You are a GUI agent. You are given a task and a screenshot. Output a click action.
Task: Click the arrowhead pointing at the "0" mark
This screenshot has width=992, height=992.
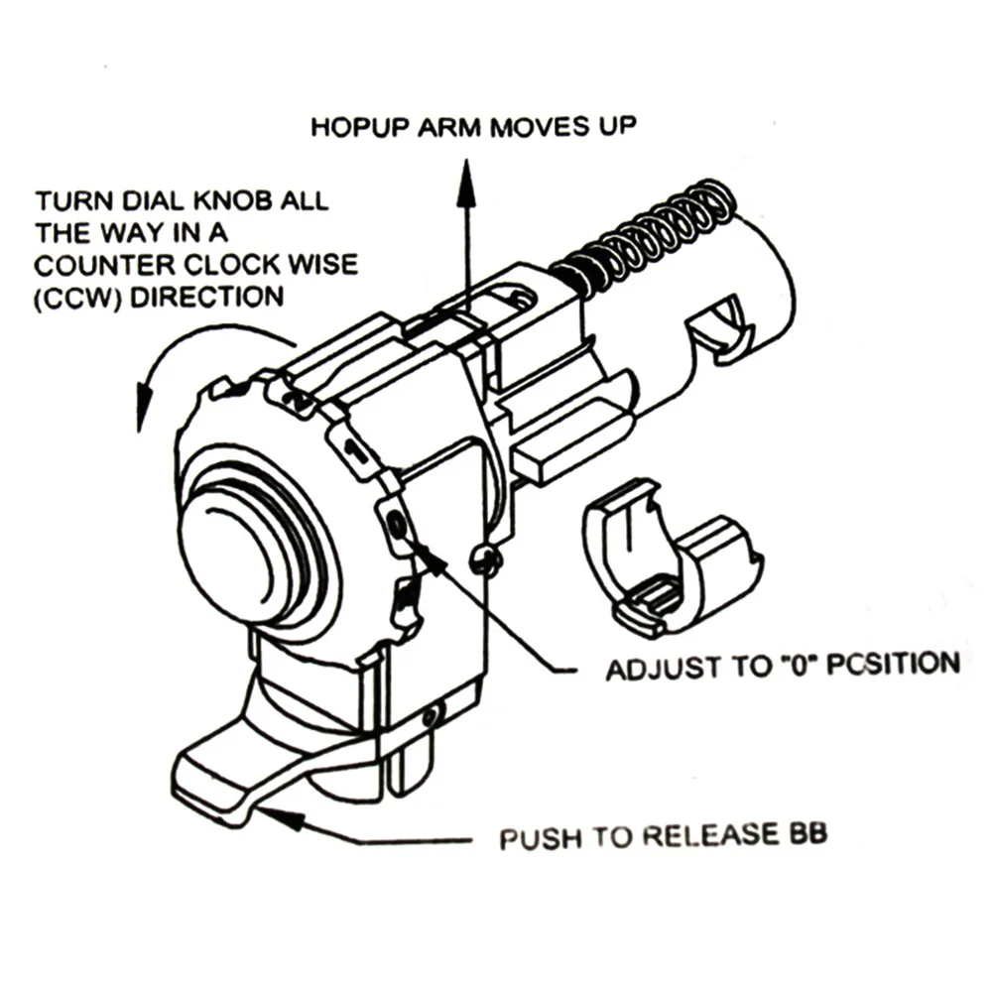(x=430, y=558)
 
